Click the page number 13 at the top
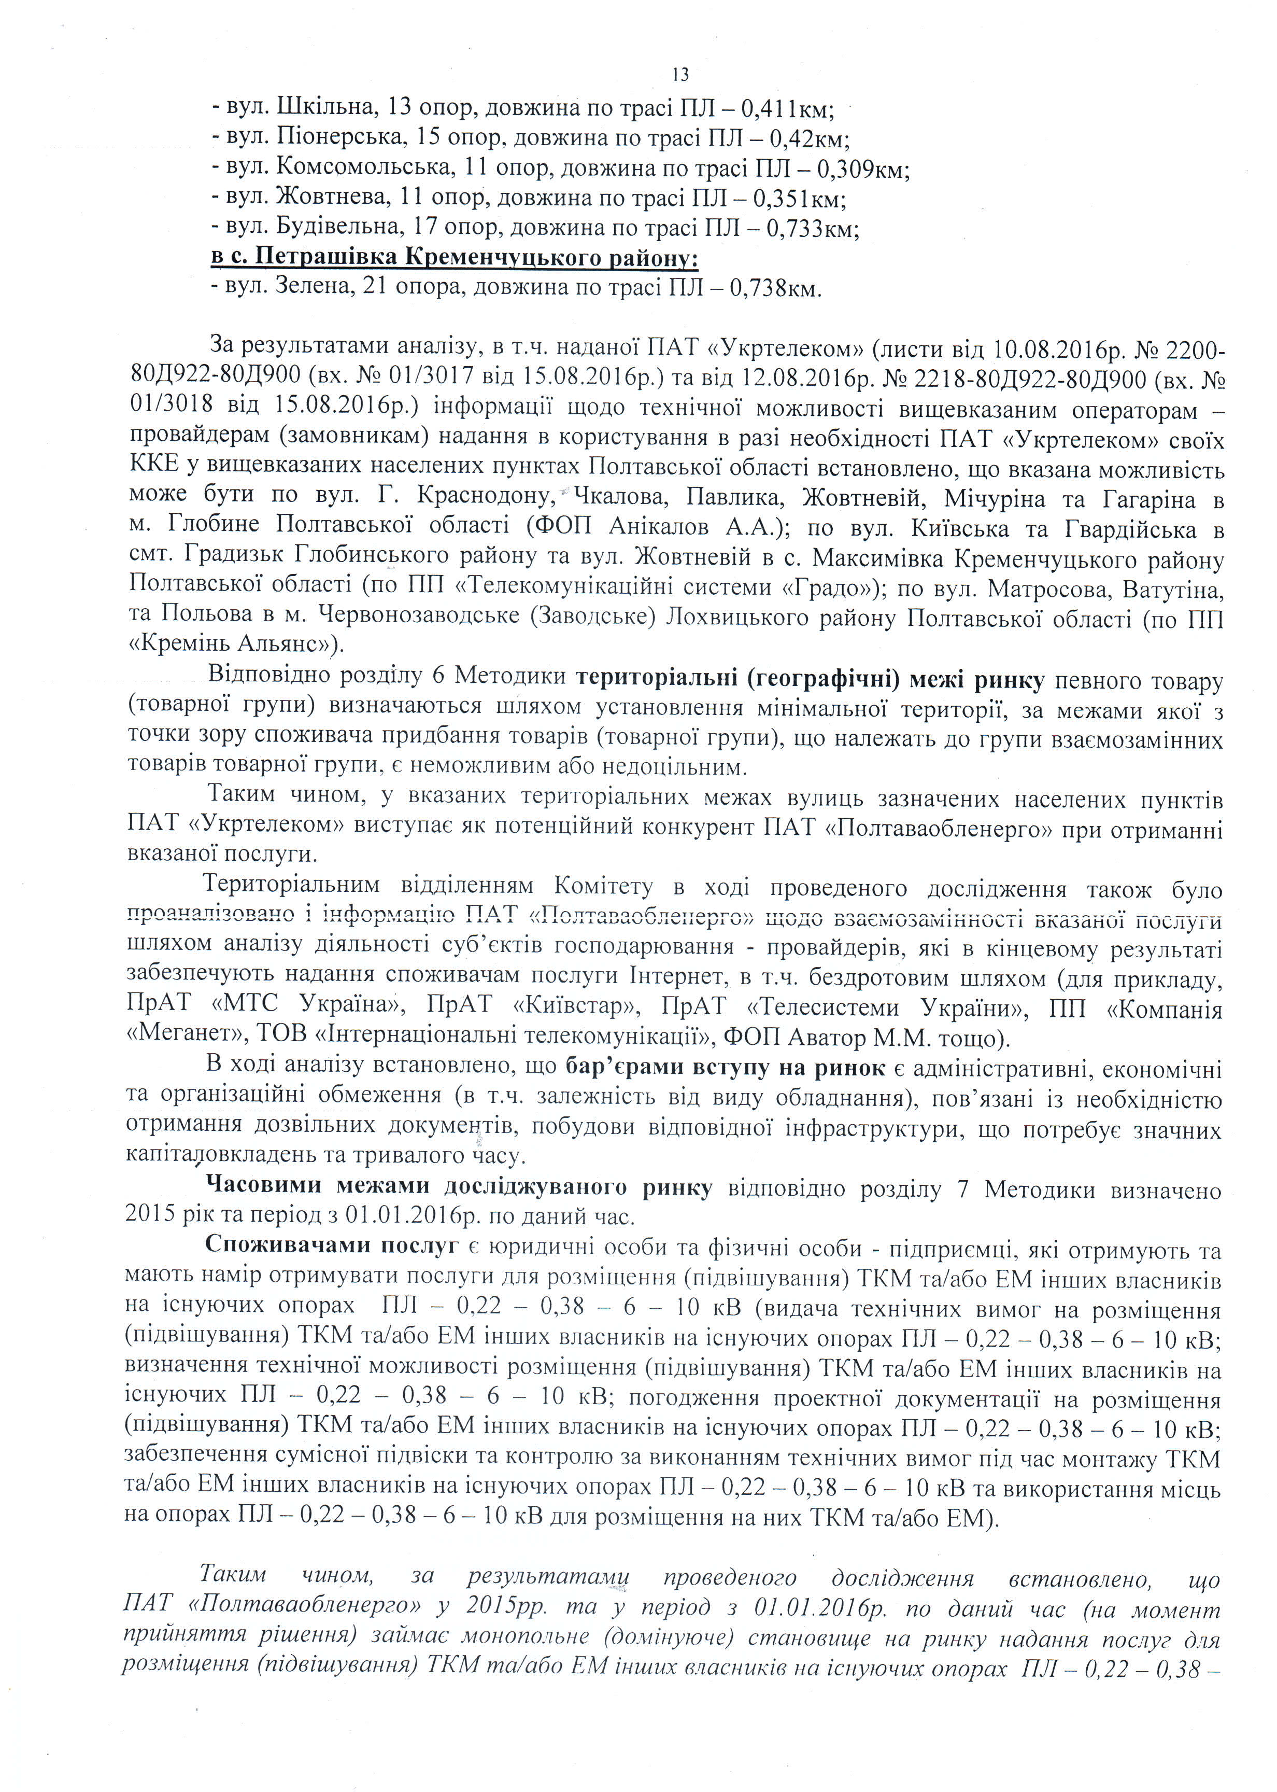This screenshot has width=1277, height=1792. (x=681, y=75)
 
